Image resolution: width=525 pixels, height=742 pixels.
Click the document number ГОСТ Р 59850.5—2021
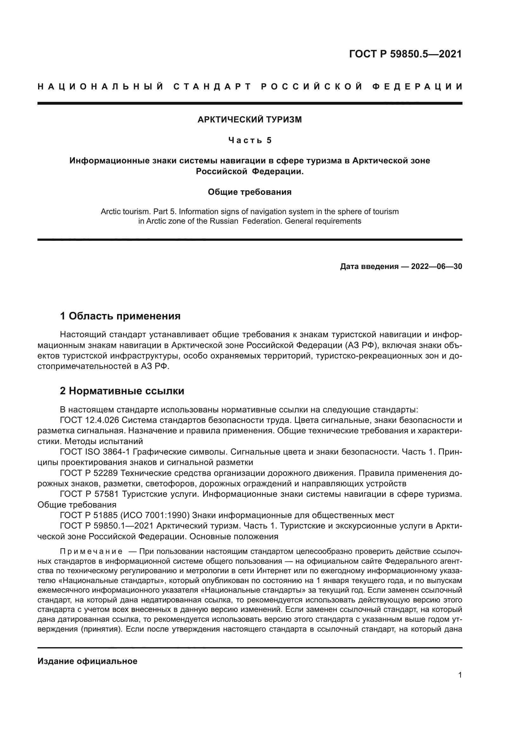point(405,54)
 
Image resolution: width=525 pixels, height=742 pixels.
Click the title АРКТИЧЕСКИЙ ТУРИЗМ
point(249,120)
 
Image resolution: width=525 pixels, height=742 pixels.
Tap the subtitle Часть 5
point(250,140)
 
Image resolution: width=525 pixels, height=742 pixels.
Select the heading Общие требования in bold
point(249,192)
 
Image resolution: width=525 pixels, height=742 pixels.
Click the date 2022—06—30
point(436,266)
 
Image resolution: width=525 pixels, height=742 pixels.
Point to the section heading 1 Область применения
point(120,316)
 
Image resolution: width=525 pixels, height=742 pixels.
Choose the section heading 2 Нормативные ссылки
point(122,391)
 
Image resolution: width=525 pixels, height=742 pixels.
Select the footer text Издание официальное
point(87,661)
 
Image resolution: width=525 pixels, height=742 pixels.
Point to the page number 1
point(460,675)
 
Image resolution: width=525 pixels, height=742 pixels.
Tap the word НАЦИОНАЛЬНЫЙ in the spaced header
point(101,87)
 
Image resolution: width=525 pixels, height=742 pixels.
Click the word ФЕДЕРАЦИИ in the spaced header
point(417,87)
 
